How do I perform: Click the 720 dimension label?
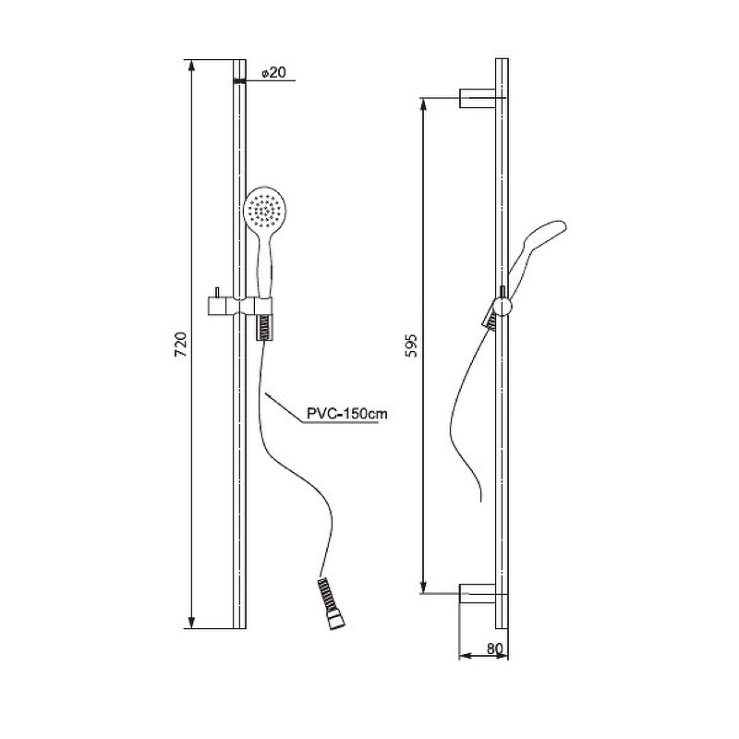point(181,345)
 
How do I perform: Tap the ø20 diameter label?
point(273,73)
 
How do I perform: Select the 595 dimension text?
point(411,345)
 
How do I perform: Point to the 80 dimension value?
point(494,649)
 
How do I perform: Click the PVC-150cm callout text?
point(347,414)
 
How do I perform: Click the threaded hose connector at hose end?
point(332,604)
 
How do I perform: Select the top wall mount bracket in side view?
point(478,98)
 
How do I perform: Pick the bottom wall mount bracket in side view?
point(478,593)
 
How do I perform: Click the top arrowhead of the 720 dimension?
point(191,66)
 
